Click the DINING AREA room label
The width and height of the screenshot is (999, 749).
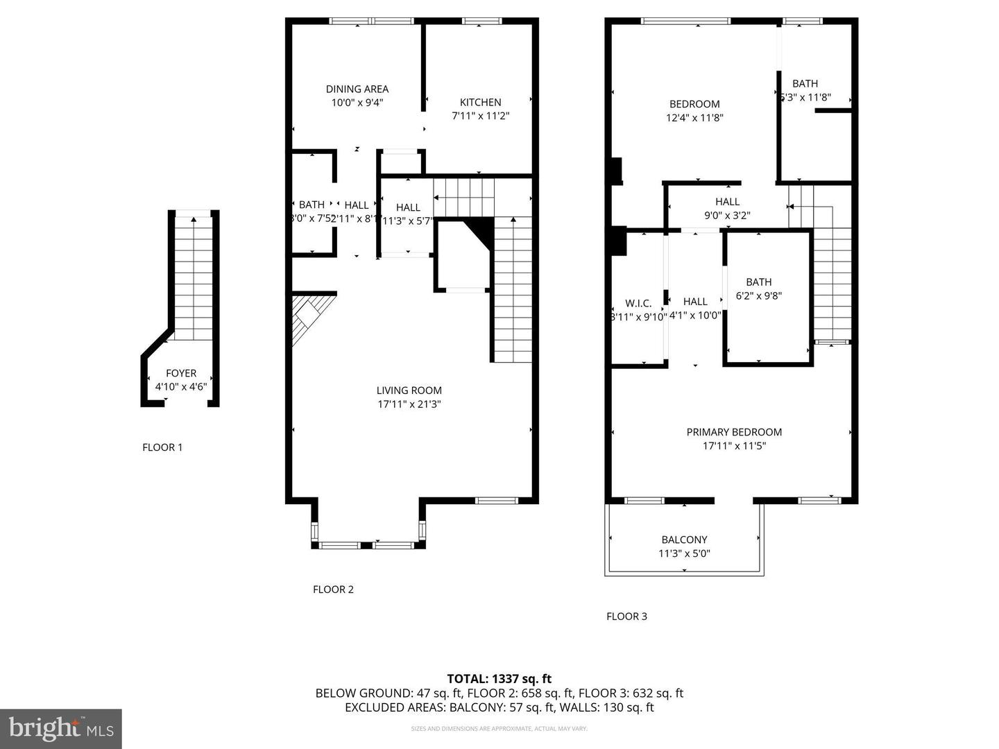tap(357, 89)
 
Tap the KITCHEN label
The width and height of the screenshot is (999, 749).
tap(480, 102)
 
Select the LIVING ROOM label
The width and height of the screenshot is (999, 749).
tap(409, 390)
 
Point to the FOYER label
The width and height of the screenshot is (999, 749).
tap(180, 373)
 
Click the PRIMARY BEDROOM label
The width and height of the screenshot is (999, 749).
tap(734, 432)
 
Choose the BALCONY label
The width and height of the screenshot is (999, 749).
tap(684, 540)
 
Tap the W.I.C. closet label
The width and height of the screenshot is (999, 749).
tap(638, 303)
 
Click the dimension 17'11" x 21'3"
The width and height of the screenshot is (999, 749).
tap(409, 404)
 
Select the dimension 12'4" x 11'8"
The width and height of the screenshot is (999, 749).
tap(694, 118)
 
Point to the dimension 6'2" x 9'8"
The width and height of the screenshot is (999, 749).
tap(758, 296)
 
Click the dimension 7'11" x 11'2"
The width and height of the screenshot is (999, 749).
tap(480, 116)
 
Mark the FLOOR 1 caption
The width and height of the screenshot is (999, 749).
tap(162, 447)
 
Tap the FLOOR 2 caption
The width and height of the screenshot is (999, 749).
tap(333, 589)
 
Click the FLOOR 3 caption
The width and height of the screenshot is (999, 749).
tap(626, 617)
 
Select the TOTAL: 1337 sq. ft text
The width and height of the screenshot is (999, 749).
tap(499, 679)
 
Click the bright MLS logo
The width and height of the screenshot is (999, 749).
tap(61, 728)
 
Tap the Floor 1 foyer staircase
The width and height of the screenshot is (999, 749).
tap(194, 277)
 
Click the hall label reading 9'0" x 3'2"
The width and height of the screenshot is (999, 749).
tap(727, 216)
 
